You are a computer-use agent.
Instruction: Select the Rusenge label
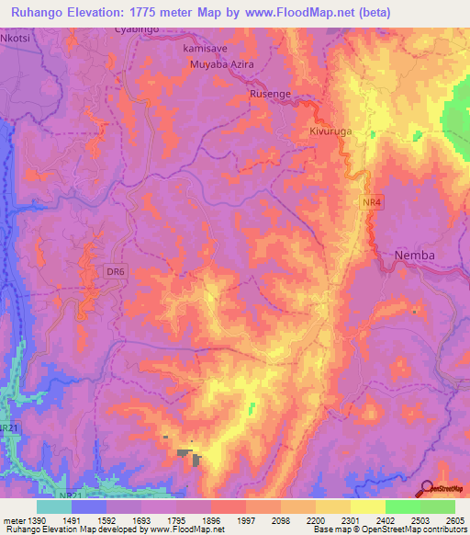tap(273, 95)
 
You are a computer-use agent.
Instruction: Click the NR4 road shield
tap(366, 199)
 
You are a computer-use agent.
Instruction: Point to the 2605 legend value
tap(454, 520)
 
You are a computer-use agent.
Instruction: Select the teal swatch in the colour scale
tap(54, 507)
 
